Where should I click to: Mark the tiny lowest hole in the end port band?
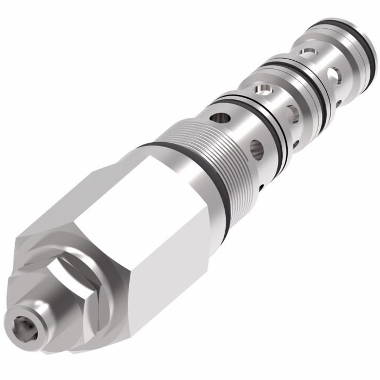pyautogui.click(x=338, y=102)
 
